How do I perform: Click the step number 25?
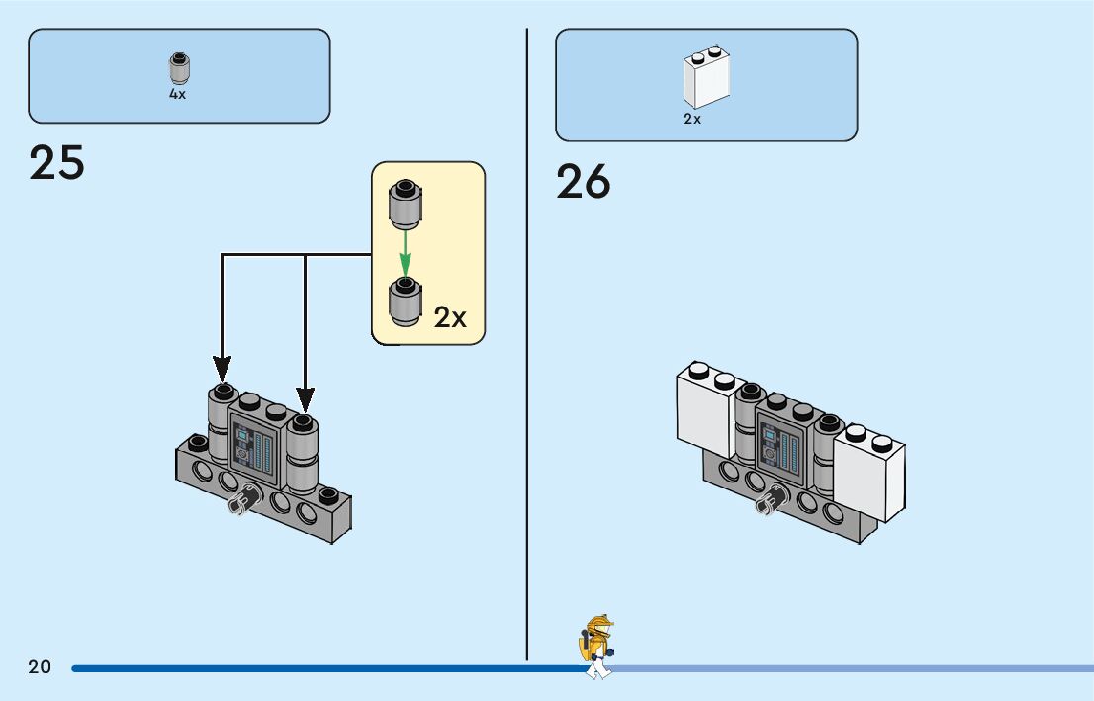(57, 163)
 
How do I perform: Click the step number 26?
(584, 182)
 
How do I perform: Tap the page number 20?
(40, 667)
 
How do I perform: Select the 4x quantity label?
(177, 95)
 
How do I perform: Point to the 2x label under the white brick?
(692, 119)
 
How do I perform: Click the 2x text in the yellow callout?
(450, 317)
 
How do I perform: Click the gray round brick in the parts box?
(178, 69)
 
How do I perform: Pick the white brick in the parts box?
(706, 78)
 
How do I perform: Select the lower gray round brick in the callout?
(404, 301)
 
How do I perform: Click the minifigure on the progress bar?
(597, 648)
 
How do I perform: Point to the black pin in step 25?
(239, 503)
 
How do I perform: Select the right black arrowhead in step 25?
(306, 399)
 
